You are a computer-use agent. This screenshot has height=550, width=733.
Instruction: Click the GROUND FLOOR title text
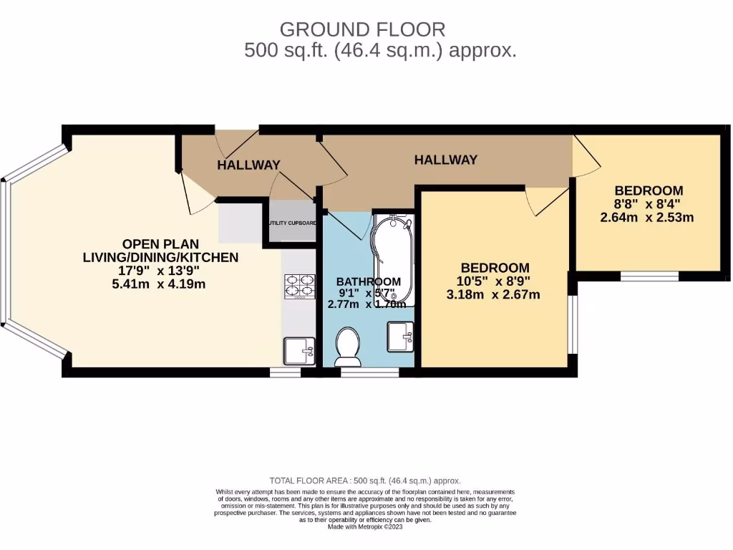pyautogui.click(x=362, y=29)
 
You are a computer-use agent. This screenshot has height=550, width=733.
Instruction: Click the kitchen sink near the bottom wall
pyautogui.click(x=299, y=351)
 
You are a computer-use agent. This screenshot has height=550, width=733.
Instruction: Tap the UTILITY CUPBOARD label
pyautogui.click(x=292, y=223)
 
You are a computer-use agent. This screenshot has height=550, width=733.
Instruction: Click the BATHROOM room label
pyautogui.click(x=369, y=281)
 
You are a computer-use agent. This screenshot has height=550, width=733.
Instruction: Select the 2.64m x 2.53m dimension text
pyautogui.click(x=646, y=217)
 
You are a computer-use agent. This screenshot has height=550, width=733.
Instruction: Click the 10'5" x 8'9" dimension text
pyautogui.click(x=493, y=281)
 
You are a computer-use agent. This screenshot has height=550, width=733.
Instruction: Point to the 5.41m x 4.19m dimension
pyautogui.click(x=160, y=284)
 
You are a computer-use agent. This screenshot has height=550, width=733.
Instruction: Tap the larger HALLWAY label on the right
pyautogui.click(x=445, y=160)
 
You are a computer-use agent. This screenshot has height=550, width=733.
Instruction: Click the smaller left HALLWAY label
pyautogui.click(x=248, y=165)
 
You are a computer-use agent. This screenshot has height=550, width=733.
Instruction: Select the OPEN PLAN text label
pyautogui.click(x=160, y=243)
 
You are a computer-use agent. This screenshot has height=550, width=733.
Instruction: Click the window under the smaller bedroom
pyautogui.click(x=649, y=276)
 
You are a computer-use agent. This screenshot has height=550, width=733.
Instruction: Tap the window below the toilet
pyautogui.click(x=370, y=372)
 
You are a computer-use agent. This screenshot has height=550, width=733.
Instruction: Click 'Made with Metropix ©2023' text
pyautogui.click(x=366, y=526)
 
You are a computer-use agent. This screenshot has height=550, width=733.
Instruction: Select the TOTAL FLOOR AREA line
pyautogui.click(x=365, y=481)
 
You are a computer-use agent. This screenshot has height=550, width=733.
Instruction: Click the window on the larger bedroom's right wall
pyautogui.click(x=572, y=324)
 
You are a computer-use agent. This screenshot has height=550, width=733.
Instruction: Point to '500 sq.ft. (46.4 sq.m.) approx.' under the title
pyautogui.click(x=380, y=50)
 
